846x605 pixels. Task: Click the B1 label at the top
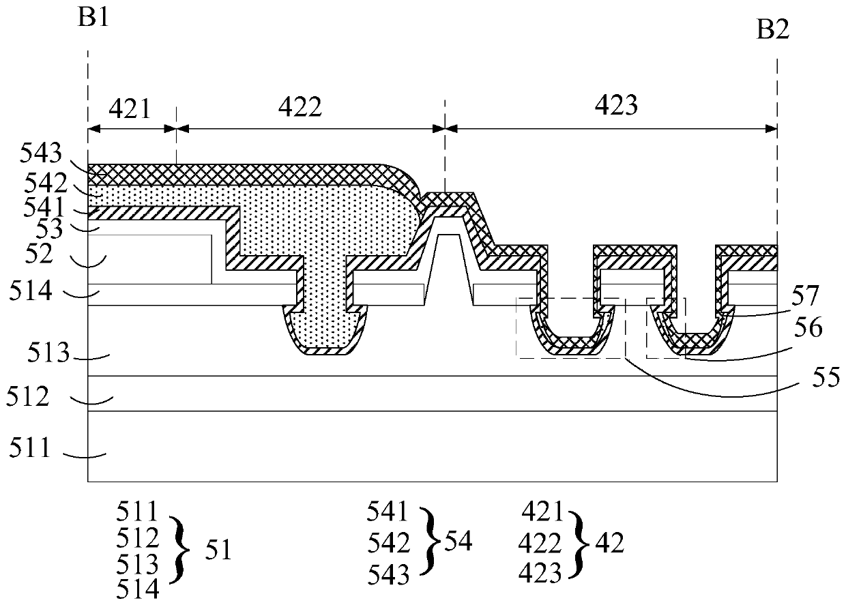[x=93, y=15]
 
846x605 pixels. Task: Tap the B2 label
[x=772, y=30]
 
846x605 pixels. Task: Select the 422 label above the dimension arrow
[x=301, y=106]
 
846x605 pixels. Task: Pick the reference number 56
[x=806, y=328]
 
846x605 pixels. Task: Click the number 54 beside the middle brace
[x=458, y=543]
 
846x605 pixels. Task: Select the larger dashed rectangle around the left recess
[x=570, y=328]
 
